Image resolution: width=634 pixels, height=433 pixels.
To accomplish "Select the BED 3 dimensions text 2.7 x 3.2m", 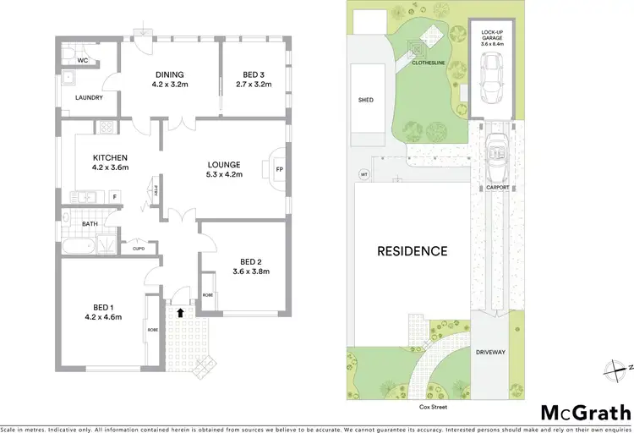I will pos(252,85).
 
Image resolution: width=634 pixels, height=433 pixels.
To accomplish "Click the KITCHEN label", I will pos(110,157).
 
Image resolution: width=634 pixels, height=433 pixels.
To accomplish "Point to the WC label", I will pos(83,61).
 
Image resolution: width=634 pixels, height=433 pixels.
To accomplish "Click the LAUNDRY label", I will pos(89,98).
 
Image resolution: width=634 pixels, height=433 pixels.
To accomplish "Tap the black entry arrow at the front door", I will pos(178,312).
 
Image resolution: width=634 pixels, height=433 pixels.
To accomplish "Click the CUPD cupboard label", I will pos(139,249).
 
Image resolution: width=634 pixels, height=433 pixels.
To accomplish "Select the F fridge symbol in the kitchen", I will pos(115,196).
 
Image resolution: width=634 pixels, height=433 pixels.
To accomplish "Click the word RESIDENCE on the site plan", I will pos(412,251).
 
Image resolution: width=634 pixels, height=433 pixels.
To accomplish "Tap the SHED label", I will pos(366,100).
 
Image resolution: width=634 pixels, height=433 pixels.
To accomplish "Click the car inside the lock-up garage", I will pos(489,74).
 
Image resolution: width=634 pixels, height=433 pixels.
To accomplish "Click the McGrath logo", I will pos(585,413).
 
